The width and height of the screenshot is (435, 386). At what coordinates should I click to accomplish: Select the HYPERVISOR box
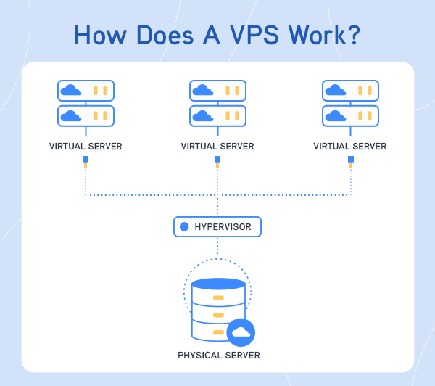pos(217,227)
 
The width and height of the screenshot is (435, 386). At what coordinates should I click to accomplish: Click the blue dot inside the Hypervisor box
pos(184,227)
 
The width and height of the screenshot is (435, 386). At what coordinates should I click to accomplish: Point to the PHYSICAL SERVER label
pos(217,355)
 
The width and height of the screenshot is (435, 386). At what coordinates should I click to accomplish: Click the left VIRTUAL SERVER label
pos(86,146)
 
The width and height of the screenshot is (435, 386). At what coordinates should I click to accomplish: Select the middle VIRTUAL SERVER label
pos(217,146)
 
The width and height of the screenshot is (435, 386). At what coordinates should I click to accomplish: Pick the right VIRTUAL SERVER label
pos(350,146)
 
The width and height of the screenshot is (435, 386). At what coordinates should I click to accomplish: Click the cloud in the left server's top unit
pos(71,90)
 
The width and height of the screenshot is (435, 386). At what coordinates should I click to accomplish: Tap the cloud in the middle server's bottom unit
pos(203,115)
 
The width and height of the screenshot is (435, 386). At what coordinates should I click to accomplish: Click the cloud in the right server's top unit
pos(335,90)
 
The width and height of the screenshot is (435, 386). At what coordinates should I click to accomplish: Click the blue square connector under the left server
pos(86,159)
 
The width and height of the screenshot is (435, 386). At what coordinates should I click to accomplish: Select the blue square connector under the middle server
pos(217,159)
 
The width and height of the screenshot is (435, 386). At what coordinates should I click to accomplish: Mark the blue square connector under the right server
pos(350,159)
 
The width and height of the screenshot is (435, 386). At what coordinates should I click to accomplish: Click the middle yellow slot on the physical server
pos(217,314)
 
